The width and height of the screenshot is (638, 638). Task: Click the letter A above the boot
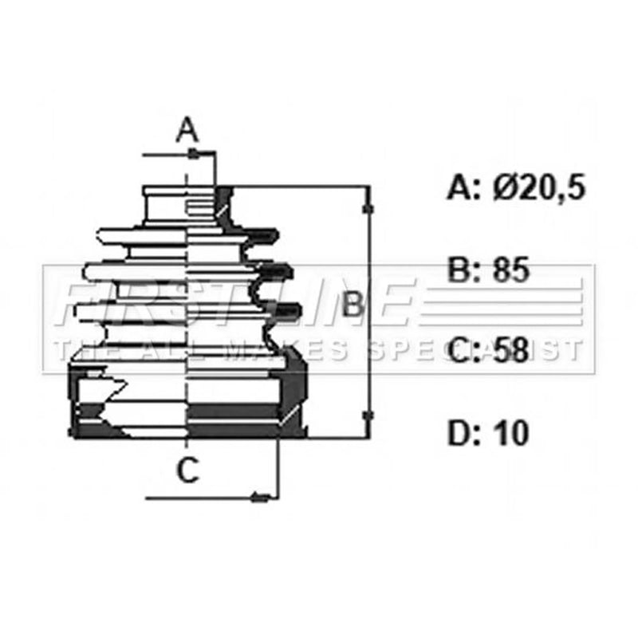coord(187,129)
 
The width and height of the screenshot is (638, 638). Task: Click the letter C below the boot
coord(188,470)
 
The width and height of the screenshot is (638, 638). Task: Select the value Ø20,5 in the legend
coord(539,187)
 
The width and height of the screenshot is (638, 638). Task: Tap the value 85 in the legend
coord(511,270)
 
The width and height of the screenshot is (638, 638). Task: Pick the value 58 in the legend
coord(511,350)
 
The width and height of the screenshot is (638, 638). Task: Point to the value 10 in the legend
coord(510,433)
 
